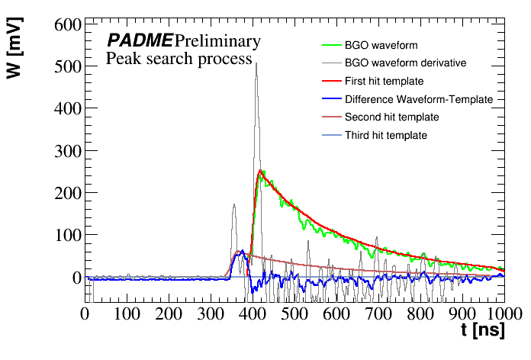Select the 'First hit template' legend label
tap(384, 81)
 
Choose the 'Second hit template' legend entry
tap(391, 117)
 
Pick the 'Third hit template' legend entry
tap(385, 136)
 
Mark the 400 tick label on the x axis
tap(253, 313)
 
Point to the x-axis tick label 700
tap(378, 313)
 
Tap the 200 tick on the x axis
tap(169, 313)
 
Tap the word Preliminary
tap(217, 40)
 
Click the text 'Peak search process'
tap(179, 59)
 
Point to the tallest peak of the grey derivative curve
tap(256, 63)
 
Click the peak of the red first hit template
tap(260, 171)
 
